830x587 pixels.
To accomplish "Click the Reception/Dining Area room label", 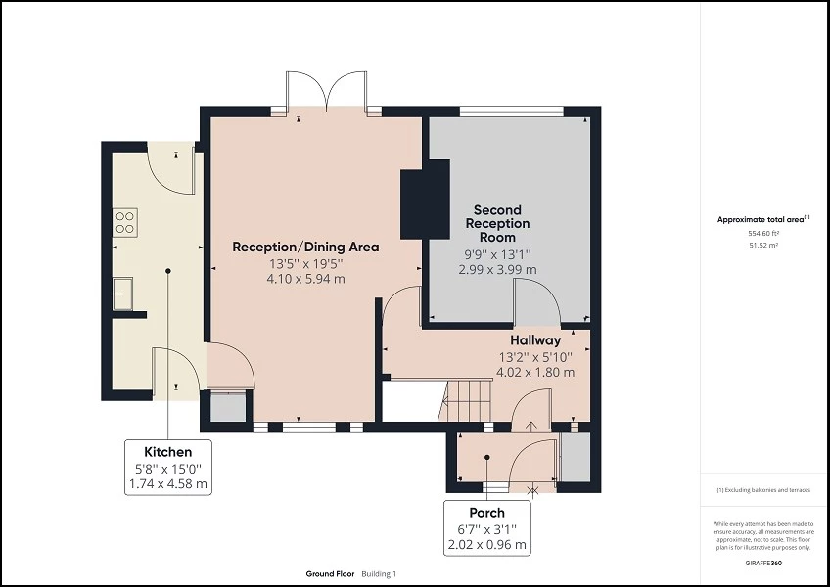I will [x=304, y=247].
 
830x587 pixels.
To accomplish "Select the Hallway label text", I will [x=534, y=340].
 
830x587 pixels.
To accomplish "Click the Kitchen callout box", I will [x=168, y=467].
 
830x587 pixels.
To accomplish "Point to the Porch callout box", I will [x=486, y=527].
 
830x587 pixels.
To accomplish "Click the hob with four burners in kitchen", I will [x=124, y=222].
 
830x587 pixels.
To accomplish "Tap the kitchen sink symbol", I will [x=123, y=293].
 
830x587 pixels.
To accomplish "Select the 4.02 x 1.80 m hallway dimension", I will [x=534, y=372].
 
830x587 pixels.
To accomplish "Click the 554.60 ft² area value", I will [x=764, y=234].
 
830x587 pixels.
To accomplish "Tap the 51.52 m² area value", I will [x=764, y=246].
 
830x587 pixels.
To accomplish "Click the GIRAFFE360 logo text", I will [x=763, y=564].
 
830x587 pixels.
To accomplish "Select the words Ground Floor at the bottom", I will [x=329, y=574].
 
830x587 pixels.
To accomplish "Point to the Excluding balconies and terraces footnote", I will [x=764, y=489].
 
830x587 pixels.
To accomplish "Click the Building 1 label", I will [x=379, y=574].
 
